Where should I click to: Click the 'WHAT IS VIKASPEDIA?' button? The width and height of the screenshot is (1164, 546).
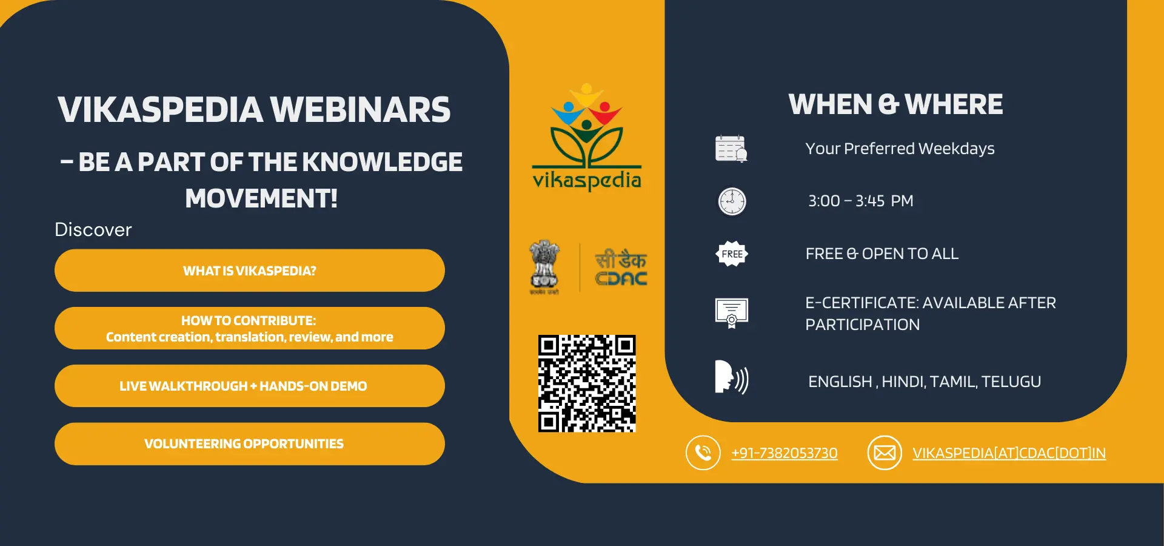[250, 271]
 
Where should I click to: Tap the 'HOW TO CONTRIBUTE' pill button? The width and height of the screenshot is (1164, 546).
[250, 328]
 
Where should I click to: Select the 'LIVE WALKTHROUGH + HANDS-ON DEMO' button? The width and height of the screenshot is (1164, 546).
[250, 386]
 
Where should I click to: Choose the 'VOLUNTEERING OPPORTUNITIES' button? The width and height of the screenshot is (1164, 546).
[250, 444]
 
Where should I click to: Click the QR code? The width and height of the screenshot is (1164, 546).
[587, 383]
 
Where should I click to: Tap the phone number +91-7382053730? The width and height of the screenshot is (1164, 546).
[784, 453]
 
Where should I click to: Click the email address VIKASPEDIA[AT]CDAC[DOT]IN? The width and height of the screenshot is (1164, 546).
[1009, 453]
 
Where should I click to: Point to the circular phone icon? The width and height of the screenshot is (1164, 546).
[703, 453]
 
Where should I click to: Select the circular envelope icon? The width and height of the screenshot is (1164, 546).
[885, 453]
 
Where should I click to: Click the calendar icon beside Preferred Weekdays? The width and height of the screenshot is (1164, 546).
[731, 149]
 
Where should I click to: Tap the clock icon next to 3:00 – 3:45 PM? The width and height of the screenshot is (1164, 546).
[732, 201]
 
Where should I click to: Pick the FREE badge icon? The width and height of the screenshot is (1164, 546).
[732, 254]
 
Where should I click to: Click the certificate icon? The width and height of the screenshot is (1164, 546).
[732, 313]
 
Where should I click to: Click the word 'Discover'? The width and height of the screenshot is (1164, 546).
[93, 230]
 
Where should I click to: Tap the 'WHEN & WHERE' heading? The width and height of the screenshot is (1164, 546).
[896, 104]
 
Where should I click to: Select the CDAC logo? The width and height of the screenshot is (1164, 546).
[621, 268]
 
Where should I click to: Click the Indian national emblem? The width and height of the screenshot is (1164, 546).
[544, 267]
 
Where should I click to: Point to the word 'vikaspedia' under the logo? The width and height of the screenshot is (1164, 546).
[587, 180]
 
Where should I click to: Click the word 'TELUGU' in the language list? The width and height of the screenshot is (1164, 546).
[1011, 382]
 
